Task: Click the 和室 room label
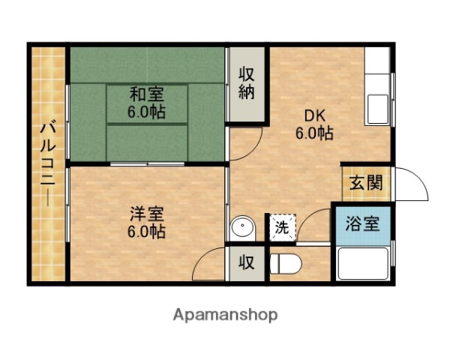tap(147, 95)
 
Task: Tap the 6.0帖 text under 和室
tap(147, 112)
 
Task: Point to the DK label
tap(314, 116)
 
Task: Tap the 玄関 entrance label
tap(365, 182)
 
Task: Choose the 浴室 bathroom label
tap(361, 223)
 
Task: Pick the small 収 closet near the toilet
tap(246, 263)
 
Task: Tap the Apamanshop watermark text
tap(225, 315)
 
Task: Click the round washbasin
tap(241, 227)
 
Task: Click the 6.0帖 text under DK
tap(314, 133)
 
